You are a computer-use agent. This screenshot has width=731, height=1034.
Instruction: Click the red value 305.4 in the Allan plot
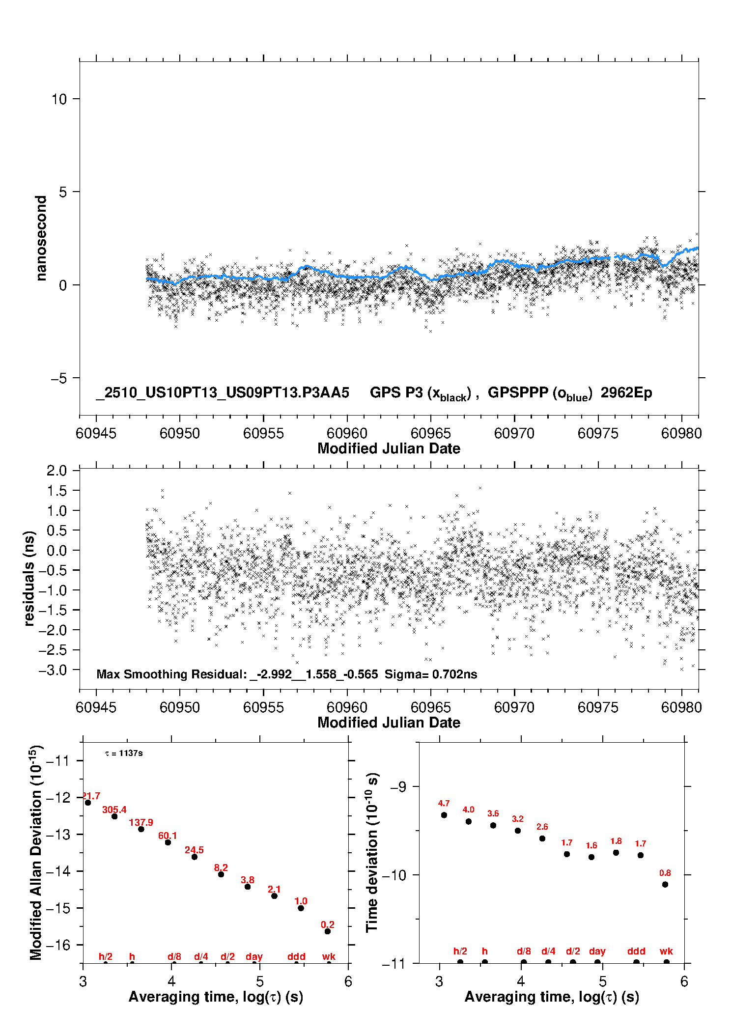[114, 810]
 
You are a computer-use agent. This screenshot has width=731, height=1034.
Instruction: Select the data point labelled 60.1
[168, 842]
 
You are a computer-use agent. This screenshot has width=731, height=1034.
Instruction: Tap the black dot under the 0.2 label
[328, 931]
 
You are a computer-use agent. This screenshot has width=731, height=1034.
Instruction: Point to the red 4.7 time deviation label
[444, 803]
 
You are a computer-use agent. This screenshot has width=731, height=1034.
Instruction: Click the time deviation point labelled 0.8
[665, 884]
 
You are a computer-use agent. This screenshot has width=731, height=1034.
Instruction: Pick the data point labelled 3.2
[518, 831]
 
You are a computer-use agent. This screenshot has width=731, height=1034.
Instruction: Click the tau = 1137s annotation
[124, 754]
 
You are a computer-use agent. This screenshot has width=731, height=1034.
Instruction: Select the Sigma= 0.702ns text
[431, 674]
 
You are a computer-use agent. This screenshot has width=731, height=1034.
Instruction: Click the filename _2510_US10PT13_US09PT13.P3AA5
[223, 392]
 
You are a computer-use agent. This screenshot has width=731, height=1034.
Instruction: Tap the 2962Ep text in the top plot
[626, 392]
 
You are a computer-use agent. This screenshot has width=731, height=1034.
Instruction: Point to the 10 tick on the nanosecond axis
[59, 99]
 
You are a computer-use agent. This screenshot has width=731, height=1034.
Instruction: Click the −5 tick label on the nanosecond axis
[58, 378]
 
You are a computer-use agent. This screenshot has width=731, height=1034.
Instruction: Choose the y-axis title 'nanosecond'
[41, 238]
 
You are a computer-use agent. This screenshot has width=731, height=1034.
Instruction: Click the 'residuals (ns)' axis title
[29, 578]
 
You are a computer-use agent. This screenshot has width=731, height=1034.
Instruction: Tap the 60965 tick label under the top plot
[430, 433]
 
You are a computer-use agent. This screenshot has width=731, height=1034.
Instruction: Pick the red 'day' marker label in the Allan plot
[254, 956]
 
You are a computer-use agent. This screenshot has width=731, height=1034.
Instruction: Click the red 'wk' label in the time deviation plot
[666, 951]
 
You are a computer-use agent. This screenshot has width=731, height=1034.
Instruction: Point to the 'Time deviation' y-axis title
[372, 852]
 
